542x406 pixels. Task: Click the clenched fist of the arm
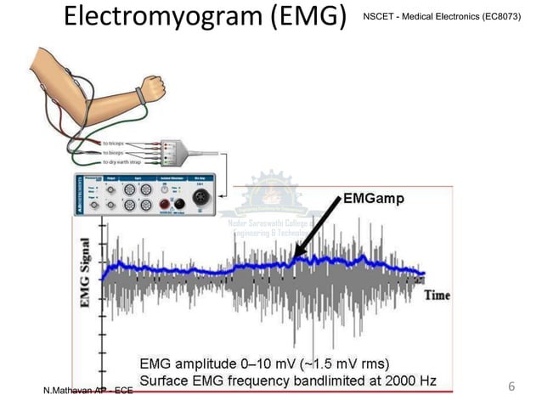(152, 87)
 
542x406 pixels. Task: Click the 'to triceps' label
(117, 144)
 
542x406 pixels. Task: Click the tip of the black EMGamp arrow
(294, 258)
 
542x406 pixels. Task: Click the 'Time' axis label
(437, 295)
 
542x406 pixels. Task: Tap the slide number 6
(511, 386)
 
